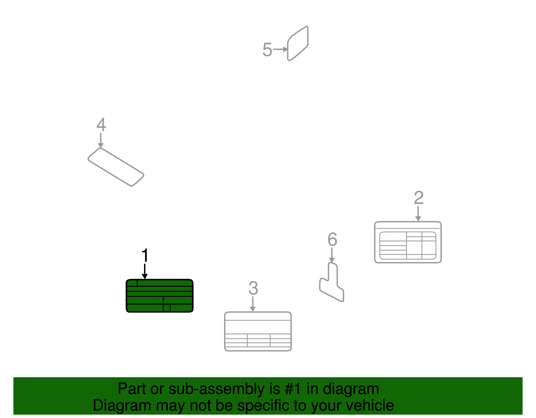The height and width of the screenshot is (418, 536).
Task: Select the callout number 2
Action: pyautogui.click(x=418, y=198)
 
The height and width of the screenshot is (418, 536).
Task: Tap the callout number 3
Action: pyautogui.click(x=253, y=288)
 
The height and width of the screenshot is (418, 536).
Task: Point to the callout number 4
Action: pyautogui.click(x=101, y=125)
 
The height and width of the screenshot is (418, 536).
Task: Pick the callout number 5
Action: pyautogui.click(x=267, y=50)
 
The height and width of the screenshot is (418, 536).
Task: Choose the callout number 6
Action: pyautogui.click(x=332, y=240)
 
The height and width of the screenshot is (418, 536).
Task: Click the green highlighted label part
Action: pyautogui.click(x=159, y=296)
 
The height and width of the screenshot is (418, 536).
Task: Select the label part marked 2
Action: pyautogui.click(x=408, y=242)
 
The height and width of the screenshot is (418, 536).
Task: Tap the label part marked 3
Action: pyautogui.click(x=258, y=331)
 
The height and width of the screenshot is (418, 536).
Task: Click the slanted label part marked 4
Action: pyautogui.click(x=116, y=167)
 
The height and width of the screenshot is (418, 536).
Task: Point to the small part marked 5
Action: pyautogui.click(x=298, y=44)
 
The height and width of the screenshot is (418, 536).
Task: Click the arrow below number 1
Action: pyautogui.click(x=145, y=271)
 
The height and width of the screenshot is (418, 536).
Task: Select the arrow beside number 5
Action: pyautogui.click(x=280, y=50)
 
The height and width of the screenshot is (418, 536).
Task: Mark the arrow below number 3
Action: pyautogui.click(x=253, y=304)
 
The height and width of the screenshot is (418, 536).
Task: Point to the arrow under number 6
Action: pyautogui.click(x=332, y=255)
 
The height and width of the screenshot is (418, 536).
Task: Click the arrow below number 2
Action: pyautogui.click(x=418, y=214)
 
